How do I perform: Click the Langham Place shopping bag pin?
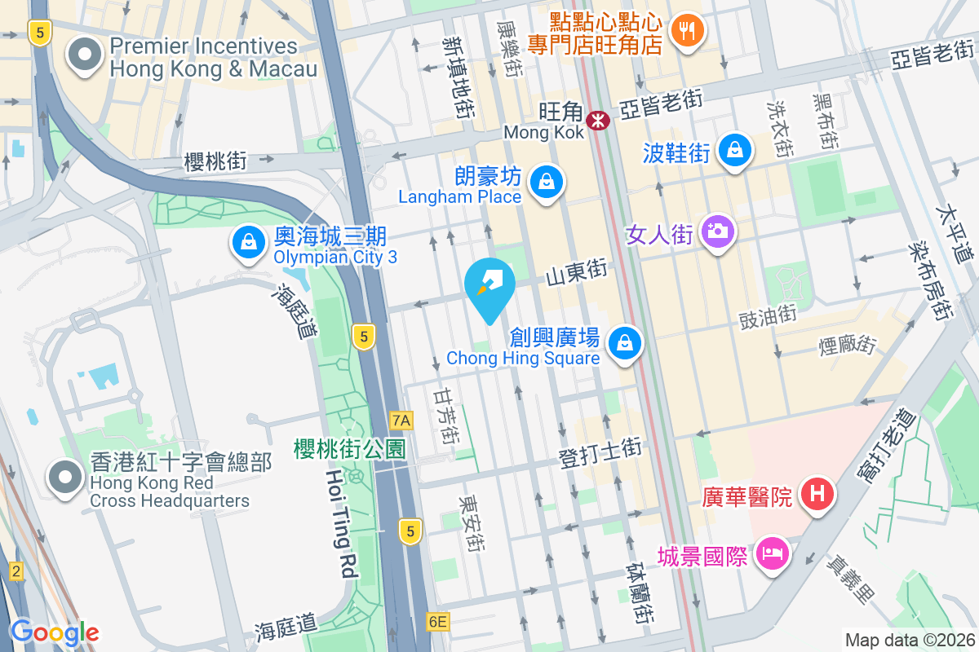point(544,183)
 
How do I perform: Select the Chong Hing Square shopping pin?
point(625,342)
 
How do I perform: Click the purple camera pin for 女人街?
point(718,231)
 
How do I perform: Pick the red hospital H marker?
point(817,494)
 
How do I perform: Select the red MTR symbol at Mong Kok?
point(599,121)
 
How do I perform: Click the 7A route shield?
point(401,421)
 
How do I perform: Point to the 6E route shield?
point(437,623)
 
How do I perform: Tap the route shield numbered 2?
point(15,571)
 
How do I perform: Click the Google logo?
point(55,632)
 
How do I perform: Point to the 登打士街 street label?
point(600,452)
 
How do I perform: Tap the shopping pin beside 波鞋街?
point(736,150)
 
